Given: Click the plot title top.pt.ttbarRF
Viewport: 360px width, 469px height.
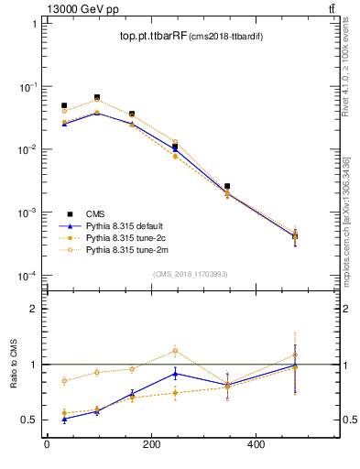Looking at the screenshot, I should [x=153, y=37].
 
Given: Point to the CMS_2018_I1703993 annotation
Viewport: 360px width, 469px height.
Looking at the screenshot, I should [x=190, y=274].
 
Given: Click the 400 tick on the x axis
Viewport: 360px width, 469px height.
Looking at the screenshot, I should [x=257, y=445].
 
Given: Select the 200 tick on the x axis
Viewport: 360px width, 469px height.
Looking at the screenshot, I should [x=152, y=445].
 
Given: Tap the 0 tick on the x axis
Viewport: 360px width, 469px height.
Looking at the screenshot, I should [x=47, y=445].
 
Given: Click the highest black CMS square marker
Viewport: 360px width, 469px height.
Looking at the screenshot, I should [x=97, y=97].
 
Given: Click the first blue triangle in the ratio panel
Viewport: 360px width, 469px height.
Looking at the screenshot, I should [x=64, y=419].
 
